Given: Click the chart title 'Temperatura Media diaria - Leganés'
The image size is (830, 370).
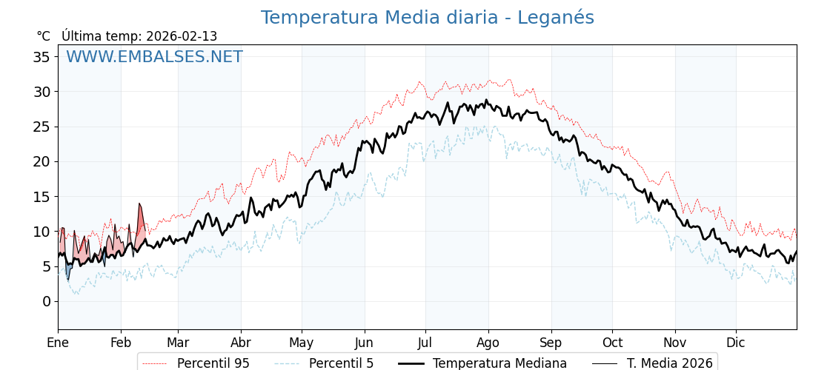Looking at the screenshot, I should [x=427, y=18].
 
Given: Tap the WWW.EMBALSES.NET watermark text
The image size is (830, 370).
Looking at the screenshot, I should [x=154, y=57].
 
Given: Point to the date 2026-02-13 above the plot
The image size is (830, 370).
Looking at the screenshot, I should [x=182, y=36].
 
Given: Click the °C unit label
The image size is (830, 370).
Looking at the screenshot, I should [x=44, y=36].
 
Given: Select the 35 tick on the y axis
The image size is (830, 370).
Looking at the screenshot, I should [x=41, y=57].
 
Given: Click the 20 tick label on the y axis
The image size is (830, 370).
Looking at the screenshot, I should [x=41, y=161].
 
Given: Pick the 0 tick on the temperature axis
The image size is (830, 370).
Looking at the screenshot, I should [x=46, y=301].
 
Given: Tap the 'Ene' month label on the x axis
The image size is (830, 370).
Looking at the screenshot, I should [x=58, y=343].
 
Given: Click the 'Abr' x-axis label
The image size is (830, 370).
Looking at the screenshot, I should [x=241, y=343].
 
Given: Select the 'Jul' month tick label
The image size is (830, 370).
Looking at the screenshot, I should [x=425, y=343].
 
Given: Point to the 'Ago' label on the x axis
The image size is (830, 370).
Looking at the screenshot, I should [x=488, y=343].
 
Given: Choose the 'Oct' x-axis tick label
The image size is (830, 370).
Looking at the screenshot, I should [x=612, y=343].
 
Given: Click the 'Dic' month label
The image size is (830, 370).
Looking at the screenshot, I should [x=735, y=343].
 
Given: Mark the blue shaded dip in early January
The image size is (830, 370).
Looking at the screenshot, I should [x=68, y=270].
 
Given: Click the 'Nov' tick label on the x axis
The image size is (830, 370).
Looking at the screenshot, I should [x=675, y=343].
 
